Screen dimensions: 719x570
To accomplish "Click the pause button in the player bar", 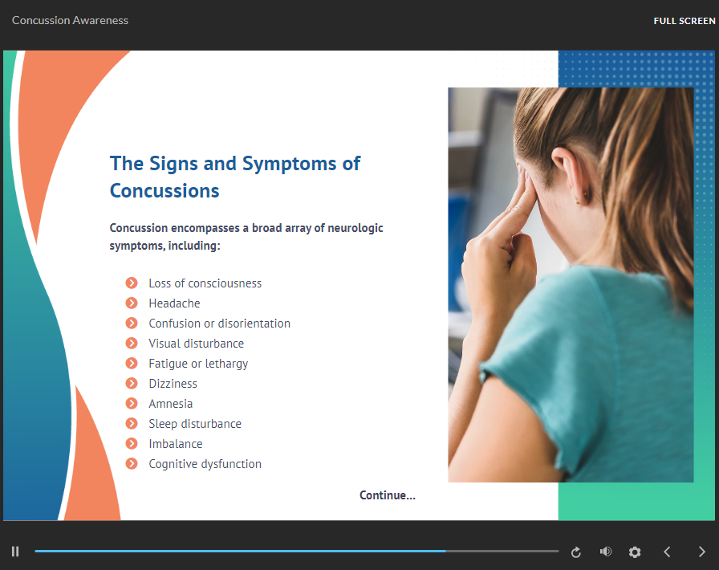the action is coord(15,552).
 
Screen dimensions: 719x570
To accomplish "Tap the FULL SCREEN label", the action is coord(684,21).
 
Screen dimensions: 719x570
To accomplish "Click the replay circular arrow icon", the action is coord(576,552).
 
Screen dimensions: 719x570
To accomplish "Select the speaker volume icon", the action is coord(605,552).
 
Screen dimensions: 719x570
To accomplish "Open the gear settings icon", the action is coord(635,552).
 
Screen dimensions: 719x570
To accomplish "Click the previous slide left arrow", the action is coord(667,552).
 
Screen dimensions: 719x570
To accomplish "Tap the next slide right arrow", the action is coord(701,552).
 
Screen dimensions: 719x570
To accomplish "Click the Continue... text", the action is coord(388,495).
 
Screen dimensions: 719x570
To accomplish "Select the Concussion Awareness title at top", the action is coord(70,20).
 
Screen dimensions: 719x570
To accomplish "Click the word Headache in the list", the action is coord(174,303).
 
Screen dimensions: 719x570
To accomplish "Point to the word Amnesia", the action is coord(171,403).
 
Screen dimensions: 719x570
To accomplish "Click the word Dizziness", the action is coord(173,384).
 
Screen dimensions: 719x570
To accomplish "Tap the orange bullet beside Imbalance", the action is coord(132,443).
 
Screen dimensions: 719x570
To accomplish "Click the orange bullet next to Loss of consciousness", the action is coord(132,283).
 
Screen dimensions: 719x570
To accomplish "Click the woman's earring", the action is coord(577,200).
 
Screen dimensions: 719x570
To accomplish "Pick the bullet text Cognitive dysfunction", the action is coord(205,464).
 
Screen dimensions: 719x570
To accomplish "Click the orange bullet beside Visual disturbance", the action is coord(132,343).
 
